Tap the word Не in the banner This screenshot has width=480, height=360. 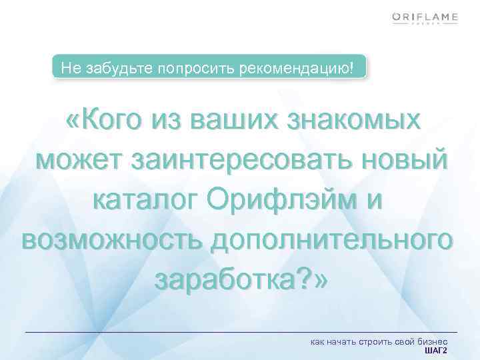click(x=69, y=68)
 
